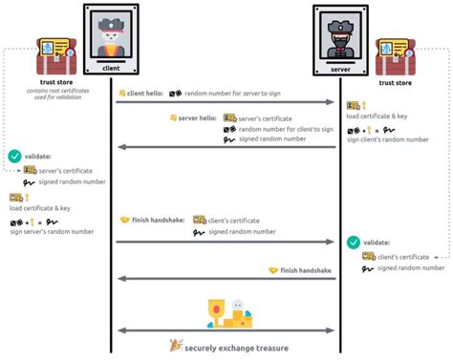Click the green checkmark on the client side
click(13, 155)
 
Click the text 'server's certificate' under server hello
click(269, 118)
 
